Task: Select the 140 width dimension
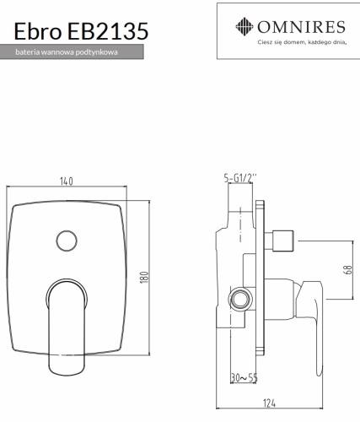click(67, 180)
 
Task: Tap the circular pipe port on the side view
click(240, 298)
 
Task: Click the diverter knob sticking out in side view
click(282, 243)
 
